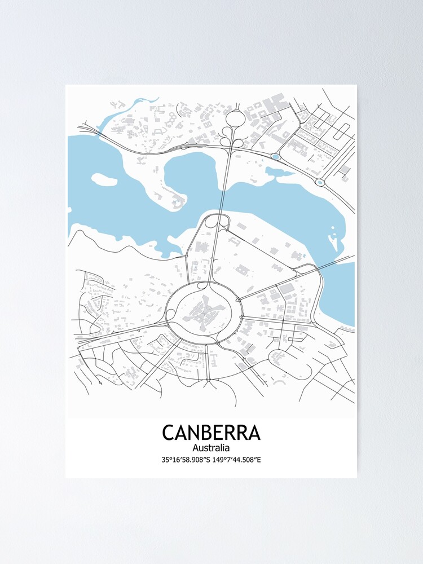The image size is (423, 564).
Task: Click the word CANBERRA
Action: point(211,433)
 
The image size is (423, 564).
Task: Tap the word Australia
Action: point(211,448)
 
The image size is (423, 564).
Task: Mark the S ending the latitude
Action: point(209,460)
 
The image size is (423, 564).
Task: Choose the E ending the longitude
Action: point(259,460)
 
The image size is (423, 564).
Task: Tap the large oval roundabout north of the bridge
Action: point(235,118)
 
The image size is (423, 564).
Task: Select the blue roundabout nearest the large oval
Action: point(275,156)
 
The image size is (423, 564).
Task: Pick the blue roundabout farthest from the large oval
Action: point(320,182)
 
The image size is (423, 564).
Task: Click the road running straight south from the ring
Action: point(208,361)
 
